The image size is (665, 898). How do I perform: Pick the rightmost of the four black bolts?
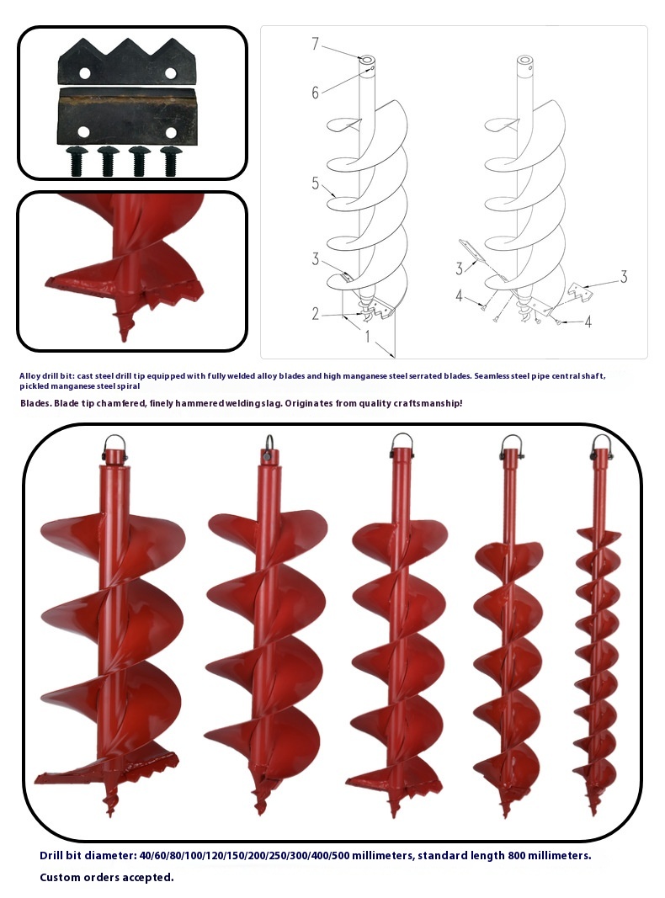[x=170, y=161]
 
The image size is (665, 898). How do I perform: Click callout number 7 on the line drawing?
[x=316, y=43]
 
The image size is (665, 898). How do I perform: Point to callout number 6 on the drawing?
[x=315, y=93]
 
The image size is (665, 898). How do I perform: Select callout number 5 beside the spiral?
[x=316, y=183]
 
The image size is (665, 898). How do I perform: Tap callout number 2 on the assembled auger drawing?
[x=316, y=314]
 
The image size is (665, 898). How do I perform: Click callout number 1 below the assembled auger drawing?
[x=368, y=337]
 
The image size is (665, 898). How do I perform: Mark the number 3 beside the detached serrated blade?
[x=624, y=277]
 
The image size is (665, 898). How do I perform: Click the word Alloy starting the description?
[x=29, y=376]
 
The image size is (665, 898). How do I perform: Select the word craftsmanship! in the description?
[x=428, y=403]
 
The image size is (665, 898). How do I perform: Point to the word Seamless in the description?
[x=492, y=376]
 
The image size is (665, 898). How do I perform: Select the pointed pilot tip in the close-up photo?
[x=124, y=327]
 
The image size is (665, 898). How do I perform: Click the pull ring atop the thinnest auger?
[x=601, y=445]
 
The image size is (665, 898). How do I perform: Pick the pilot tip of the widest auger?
[x=110, y=804]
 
